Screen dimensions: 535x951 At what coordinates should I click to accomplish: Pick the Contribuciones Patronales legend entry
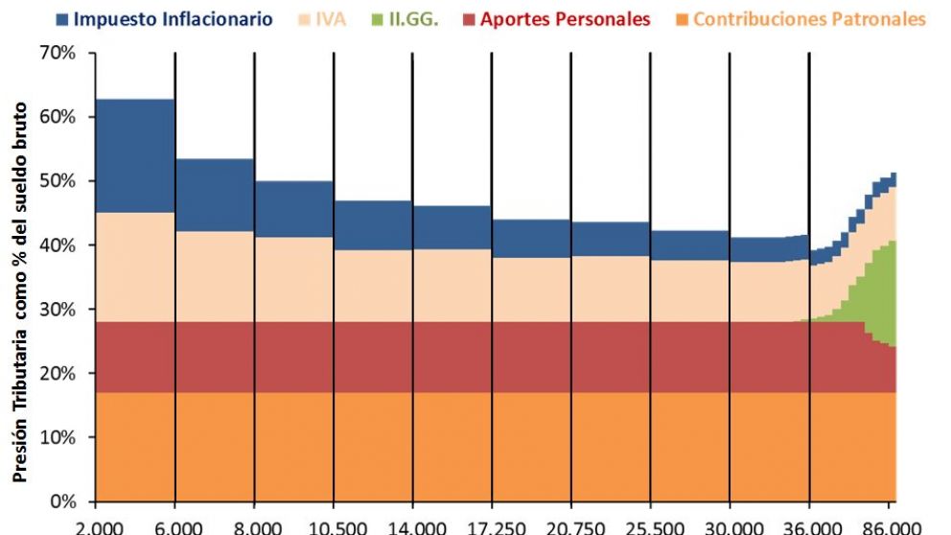tap(809, 19)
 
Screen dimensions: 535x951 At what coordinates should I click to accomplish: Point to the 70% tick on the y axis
tap(57, 53)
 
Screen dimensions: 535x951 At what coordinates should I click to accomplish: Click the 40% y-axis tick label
tap(57, 245)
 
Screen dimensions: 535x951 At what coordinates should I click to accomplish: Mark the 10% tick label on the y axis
tap(57, 437)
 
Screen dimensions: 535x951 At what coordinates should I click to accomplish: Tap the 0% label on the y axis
tap(61, 501)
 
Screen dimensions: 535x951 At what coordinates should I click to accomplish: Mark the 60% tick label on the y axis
tap(57, 117)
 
